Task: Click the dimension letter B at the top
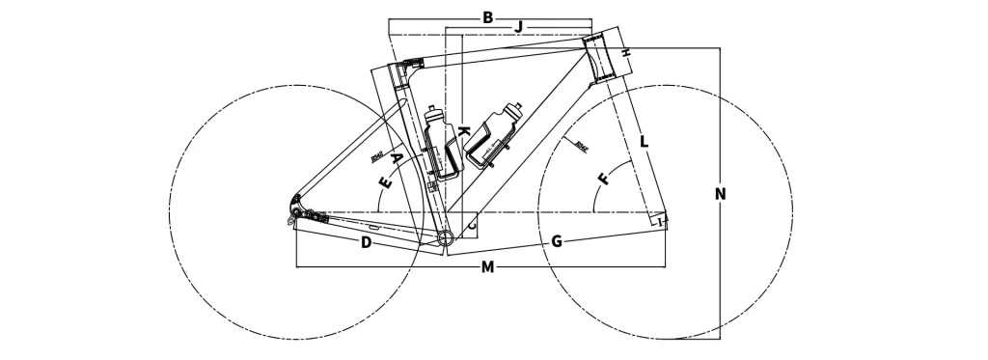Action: coord(487,16)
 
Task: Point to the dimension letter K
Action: coord(464,130)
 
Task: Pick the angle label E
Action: coord(385,181)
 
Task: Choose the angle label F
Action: coord(604,180)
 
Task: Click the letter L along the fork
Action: coord(644,142)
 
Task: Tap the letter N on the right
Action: coord(720,194)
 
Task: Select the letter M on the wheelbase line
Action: coord(488,266)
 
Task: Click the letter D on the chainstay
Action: coord(366,241)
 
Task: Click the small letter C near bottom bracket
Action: coord(472,225)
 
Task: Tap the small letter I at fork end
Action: coord(661,223)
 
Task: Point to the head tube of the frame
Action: coord(602,55)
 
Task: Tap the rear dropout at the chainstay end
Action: coord(295,208)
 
